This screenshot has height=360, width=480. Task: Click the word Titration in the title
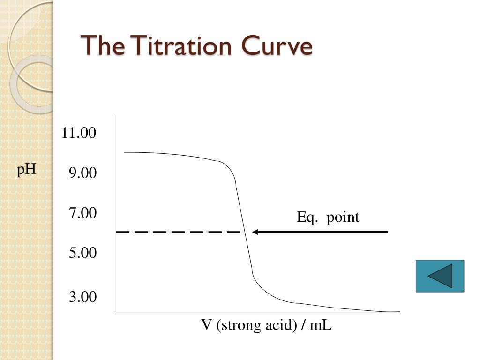(182, 45)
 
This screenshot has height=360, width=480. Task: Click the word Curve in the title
(277, 45)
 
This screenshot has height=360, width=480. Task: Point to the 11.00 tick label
(79, 133)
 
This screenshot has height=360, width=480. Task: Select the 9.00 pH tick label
(82, 173)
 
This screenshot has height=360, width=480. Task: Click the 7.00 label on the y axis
(82, 213)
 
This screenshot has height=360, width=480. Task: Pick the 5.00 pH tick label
(82, 253)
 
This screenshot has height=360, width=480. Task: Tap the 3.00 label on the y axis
(82, 297)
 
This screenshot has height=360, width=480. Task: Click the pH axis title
(27, 169)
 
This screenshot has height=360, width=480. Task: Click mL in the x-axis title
(321, 325)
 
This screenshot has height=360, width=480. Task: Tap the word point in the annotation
(343, 217)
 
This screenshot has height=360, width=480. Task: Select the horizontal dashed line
(178, 232)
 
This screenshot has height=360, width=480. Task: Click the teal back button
(440, 276)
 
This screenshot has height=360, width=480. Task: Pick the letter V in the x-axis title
(206, 325)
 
